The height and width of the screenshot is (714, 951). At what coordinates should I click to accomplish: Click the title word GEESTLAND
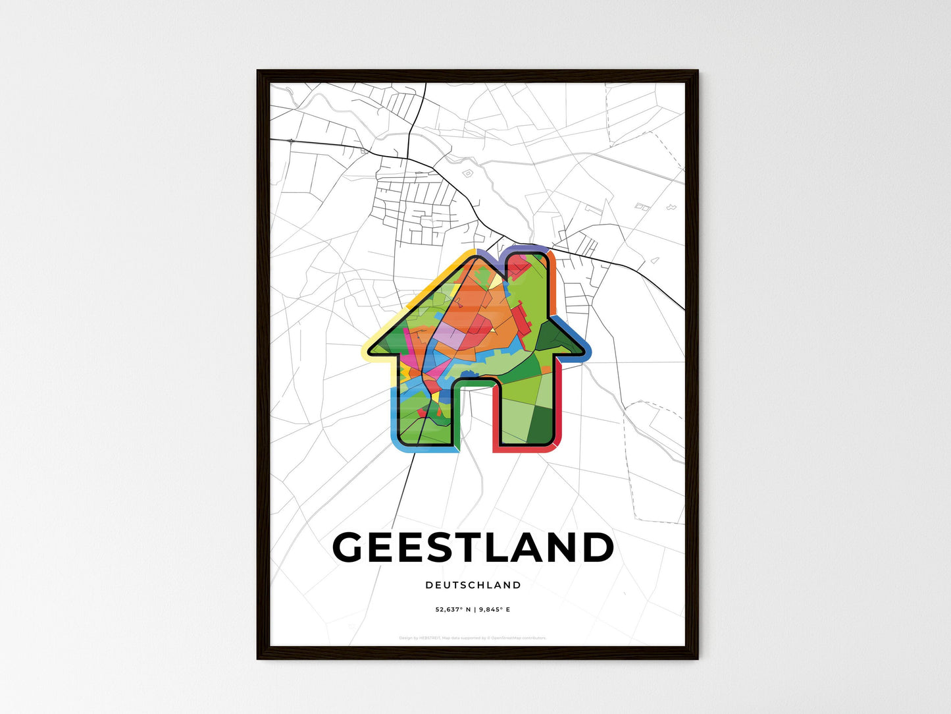coord(473,548)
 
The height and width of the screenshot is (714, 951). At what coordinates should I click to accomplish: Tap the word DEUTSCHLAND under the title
coord(473,585)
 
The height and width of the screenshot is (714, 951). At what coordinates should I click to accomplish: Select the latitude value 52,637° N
coord(452,610)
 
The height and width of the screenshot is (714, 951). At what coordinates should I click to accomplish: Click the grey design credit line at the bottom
coord(473,638)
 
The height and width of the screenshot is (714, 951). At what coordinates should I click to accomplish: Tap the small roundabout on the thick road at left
coord(290,140)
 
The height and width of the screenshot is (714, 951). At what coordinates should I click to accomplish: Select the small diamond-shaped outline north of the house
coord(468,173)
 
